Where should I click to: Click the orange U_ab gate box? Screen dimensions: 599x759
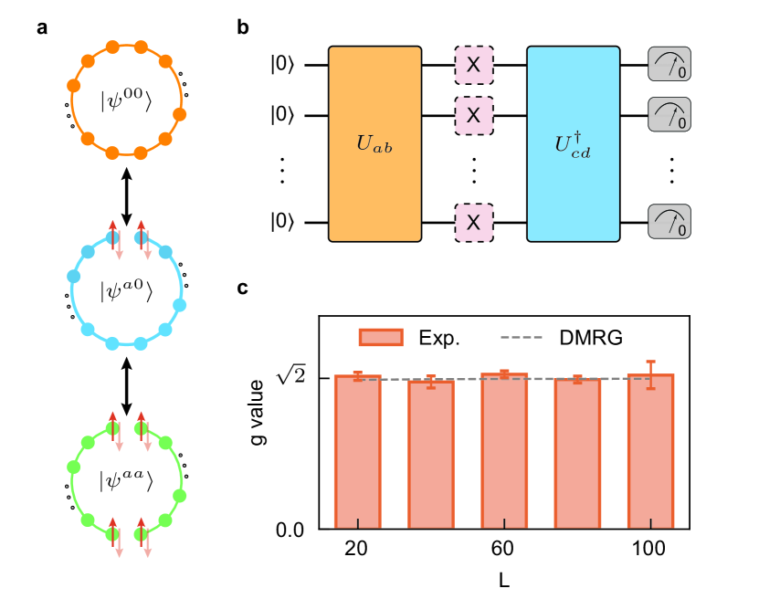pos(374,143)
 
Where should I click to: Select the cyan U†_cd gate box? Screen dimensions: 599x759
pos(574,143)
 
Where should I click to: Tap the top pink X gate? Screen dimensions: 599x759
pos(474,66)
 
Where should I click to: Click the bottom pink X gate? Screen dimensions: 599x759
pos(474,222)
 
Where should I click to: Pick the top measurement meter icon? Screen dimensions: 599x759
pos(669,66)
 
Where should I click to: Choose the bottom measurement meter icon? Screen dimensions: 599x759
pos(669,222)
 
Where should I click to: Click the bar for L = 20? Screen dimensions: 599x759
pos(357,452)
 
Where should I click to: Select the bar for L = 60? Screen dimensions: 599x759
pos(504,451)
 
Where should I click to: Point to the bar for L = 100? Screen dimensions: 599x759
pos(650,451)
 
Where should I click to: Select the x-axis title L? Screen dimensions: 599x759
pos(503,579)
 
